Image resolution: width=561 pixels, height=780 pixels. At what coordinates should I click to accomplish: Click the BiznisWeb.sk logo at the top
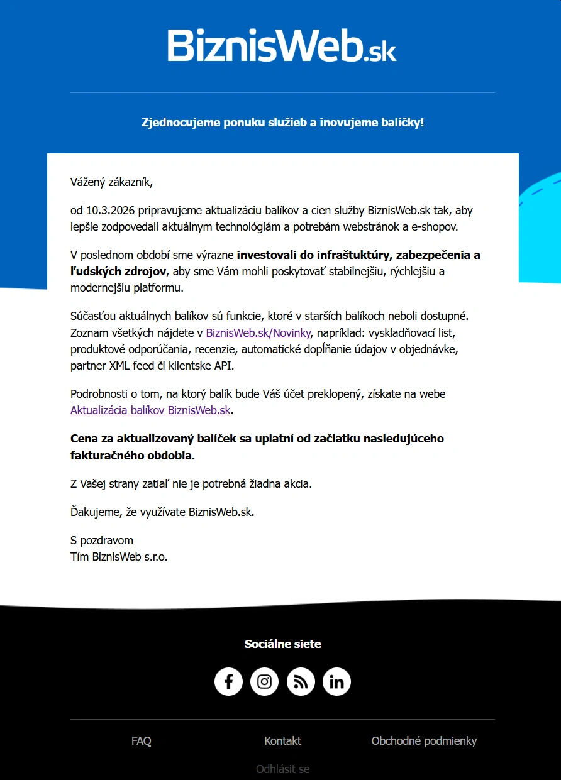(x=282, y=45)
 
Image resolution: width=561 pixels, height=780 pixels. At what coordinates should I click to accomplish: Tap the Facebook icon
(x=228, y=682)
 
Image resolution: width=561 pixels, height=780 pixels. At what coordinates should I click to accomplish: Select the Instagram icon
(x=265, y=682)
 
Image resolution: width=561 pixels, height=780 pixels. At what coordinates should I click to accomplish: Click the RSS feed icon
(x=301, y=682)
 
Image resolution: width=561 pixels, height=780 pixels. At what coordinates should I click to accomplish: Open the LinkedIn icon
(x=336, y=682)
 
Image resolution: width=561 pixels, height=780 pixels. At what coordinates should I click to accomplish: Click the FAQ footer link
(x=142, y=741)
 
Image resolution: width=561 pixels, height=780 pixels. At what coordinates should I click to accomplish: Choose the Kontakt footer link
(x=283, y=741)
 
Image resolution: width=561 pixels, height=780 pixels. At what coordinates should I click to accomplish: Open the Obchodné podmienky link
(x=424, y=741)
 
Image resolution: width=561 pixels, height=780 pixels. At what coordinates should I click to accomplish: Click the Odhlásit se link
(x=283, y=769)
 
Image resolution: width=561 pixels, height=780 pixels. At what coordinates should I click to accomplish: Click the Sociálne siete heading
(x=283, y=644)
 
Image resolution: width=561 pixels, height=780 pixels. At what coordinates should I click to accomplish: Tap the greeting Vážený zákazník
(x=112, y=183)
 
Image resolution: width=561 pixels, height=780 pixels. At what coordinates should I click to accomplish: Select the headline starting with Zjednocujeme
(x=282, y=122)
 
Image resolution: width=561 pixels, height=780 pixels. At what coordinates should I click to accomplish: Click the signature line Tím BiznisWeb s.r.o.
(x=119, y=556)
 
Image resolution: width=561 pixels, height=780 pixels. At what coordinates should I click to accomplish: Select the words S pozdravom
(x=102, y=541)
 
